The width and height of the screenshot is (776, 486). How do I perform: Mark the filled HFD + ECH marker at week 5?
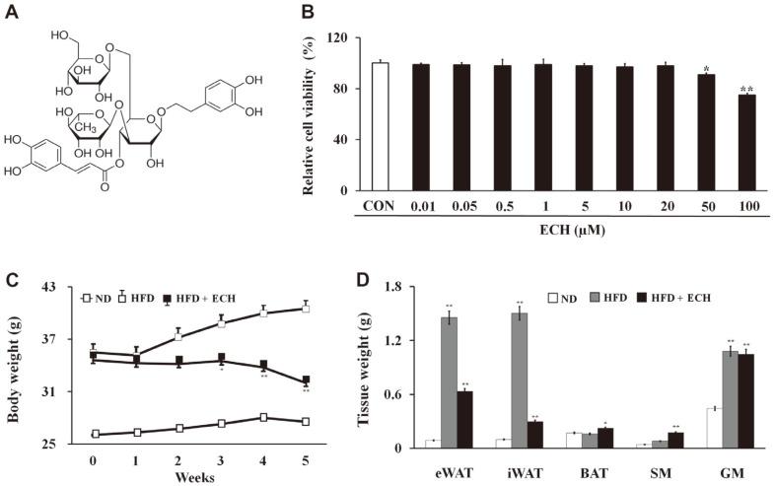[306, 381]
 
